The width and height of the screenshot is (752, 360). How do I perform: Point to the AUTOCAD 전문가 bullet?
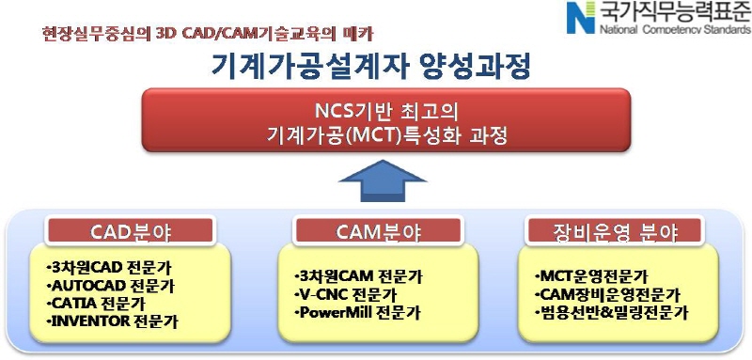(110, 284)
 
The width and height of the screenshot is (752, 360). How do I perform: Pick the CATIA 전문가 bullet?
(98, 303)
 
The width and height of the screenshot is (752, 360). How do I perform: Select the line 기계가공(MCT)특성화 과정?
(377, 134)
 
